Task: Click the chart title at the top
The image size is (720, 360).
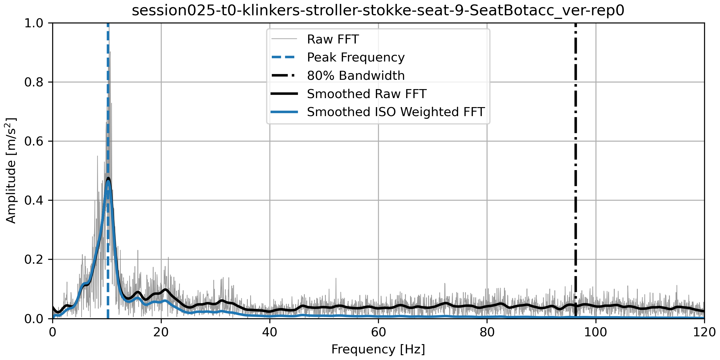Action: [x=378, y=11]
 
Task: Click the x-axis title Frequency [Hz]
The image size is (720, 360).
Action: [x=378, y=349]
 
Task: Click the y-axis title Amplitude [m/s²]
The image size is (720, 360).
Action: [x=11, y=170]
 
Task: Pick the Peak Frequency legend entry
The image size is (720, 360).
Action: [x=355, y=57]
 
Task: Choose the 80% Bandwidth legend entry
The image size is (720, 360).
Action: [x=355, y=76]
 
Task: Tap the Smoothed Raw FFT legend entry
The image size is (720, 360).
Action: [x=366, y=94]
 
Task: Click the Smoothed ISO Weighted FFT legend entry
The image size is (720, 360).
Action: [x=395, y=112]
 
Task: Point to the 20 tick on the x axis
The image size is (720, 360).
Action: [x=161, y=332]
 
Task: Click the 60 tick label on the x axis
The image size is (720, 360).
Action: [x=378, y=332]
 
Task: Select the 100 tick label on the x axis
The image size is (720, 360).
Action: [x=595, y=332]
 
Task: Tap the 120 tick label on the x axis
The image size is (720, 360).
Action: [x=704, y=332]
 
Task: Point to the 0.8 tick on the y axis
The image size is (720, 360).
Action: [x=34, y=82]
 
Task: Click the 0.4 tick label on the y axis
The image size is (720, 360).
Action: [x=34, y=200]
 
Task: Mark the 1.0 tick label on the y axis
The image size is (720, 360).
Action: [x=34, y=23]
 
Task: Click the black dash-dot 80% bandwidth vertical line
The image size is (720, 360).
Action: [x=576, y=180]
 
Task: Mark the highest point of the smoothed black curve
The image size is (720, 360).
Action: [x=108, y=178]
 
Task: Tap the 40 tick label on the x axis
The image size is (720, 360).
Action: [x=270, y=332]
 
